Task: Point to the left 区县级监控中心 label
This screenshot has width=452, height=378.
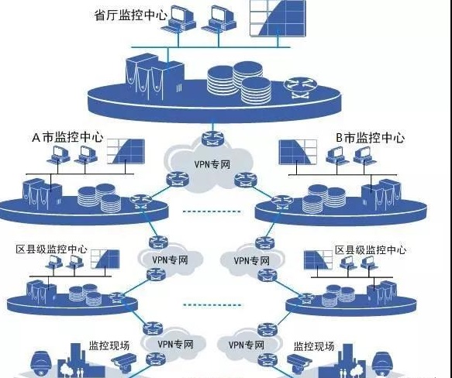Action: click(51, 250)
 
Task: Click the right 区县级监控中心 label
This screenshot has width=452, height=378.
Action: click(371, 250)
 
